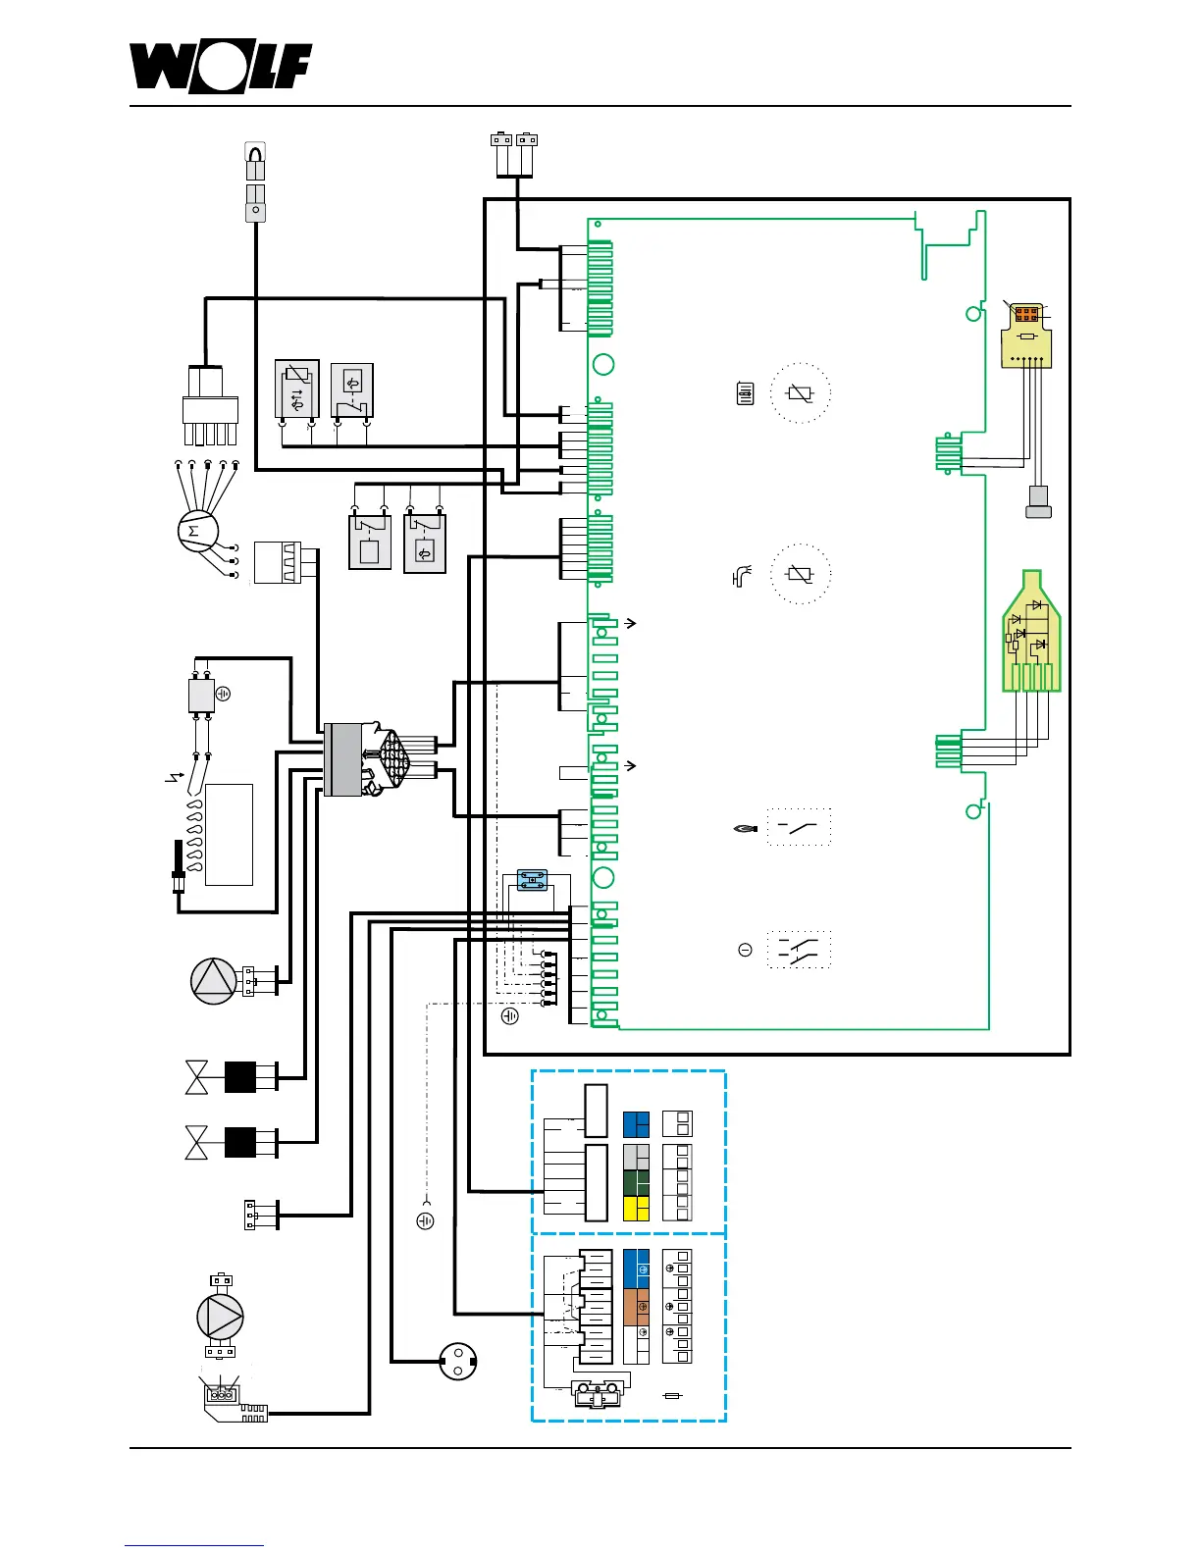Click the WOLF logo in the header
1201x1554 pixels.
point(221,68)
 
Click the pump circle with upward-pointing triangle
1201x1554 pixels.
point(213,981)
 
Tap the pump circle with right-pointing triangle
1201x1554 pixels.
point(220,1317)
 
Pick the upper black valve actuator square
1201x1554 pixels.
point(240,1077)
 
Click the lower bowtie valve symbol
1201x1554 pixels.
point(196,1143)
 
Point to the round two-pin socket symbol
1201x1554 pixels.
point(457,1361)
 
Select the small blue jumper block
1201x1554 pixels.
point(532,881)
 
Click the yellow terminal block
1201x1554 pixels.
point(636,1208)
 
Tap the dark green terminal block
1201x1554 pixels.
point(636,1182)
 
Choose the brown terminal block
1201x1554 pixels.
point(636,1308)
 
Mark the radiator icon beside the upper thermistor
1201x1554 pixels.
point(745,394)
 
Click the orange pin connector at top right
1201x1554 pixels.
point(1026,315)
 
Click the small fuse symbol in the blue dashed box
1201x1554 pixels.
point(672,1395)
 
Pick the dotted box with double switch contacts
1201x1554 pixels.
point(799,950)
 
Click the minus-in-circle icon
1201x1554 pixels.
point(745,950)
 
